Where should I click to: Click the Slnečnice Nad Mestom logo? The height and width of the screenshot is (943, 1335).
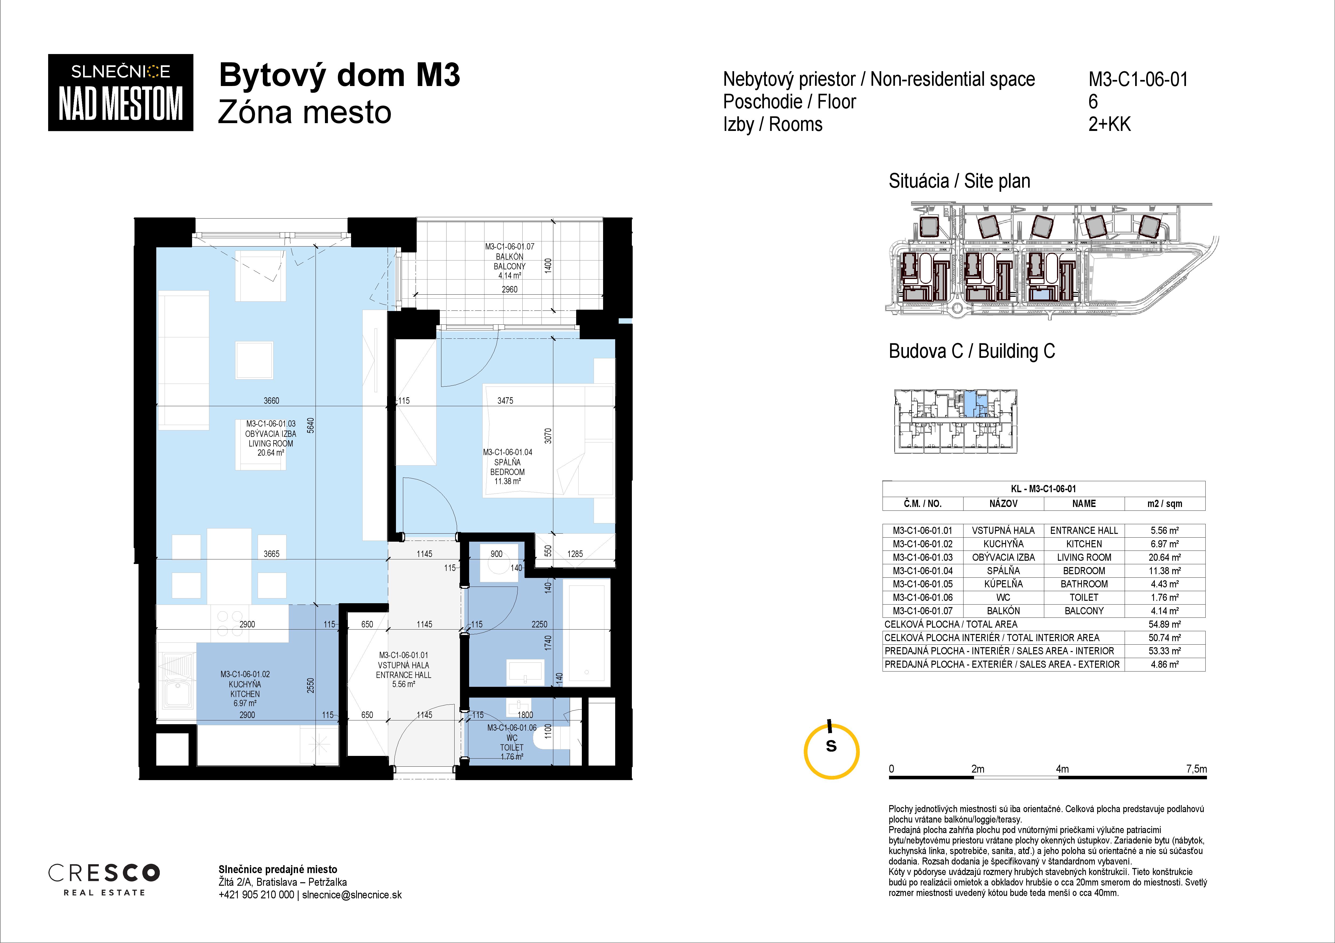coord(120,92)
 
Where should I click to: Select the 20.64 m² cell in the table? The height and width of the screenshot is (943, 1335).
coord(1165,557)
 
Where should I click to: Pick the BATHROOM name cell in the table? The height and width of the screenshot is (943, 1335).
coord(1084,584)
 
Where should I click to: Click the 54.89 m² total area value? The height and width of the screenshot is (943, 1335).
coord(1165,624)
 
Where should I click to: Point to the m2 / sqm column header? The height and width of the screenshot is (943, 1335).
coord(1165,504)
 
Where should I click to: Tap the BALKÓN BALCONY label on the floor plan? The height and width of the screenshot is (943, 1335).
coord(509,262)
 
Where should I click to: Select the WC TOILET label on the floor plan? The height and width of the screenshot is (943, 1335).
coord(512,742)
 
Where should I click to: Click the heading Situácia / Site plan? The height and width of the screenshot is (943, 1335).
coord(959,181)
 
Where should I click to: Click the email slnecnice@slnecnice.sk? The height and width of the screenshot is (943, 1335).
coord(352,895)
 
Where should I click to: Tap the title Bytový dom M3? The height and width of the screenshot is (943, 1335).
coord(339,76)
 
